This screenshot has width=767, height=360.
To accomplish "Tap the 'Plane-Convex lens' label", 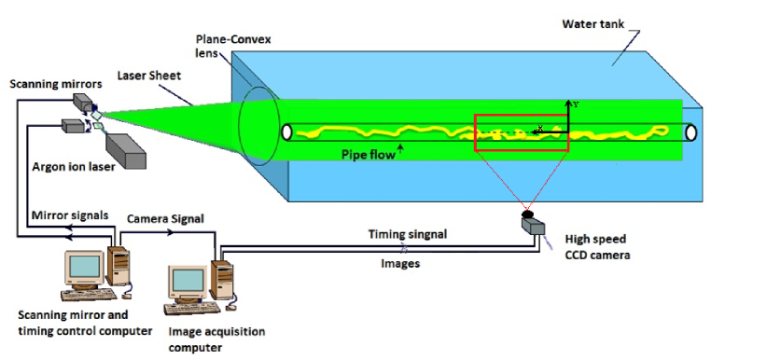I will pyautogui.click(x=221, y=47).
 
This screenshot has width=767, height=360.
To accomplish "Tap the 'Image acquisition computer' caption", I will pyautogui.click(x=216, y=339).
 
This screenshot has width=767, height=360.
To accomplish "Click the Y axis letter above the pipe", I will pyautogui.click(x=576, y=104).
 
